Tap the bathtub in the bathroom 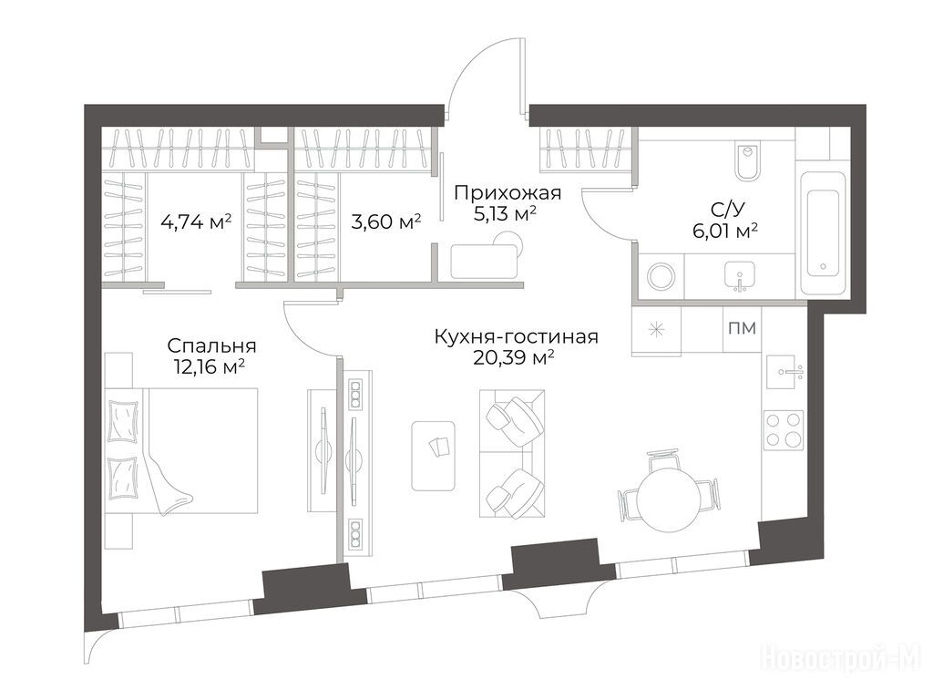(823, 232)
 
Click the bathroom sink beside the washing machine (740, 276)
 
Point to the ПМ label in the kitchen (742, 328)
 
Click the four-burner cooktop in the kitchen (784, 430)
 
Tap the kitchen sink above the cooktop (784, 372)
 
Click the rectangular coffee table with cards (435, 456)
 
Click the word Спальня (211, 345)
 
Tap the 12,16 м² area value (210, 366)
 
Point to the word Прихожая (508, 193)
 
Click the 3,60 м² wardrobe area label (386, 222)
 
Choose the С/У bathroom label (727, 209)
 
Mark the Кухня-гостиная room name (517, 337)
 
